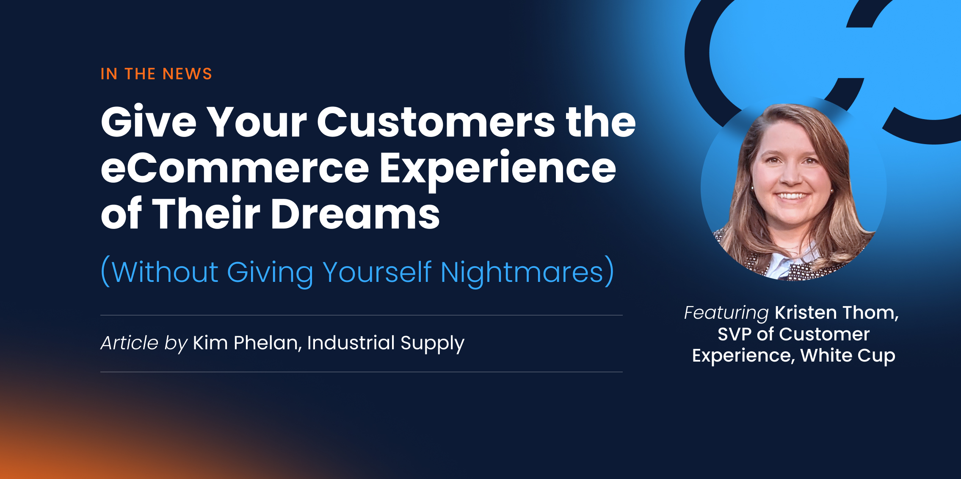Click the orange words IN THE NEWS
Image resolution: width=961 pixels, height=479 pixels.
[x=156, y=74]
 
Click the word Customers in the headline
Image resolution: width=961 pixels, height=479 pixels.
[x=436, y=123]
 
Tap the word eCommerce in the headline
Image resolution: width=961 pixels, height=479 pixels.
[x=235, y=169]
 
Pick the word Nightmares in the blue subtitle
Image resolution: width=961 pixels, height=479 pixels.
[x=522, y=272]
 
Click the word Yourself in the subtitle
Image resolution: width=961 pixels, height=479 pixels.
[x=377, y=271]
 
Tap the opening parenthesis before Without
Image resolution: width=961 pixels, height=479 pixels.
[x=105, y=271]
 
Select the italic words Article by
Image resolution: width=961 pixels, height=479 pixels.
[x=144, y=343]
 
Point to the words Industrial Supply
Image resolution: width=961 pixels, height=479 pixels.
[x=386, y=343]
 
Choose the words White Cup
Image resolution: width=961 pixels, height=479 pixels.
[x=848, y=356]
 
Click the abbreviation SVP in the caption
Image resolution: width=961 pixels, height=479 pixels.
[x=735, y=334]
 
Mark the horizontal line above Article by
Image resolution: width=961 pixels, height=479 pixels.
[x=361, y=315]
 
